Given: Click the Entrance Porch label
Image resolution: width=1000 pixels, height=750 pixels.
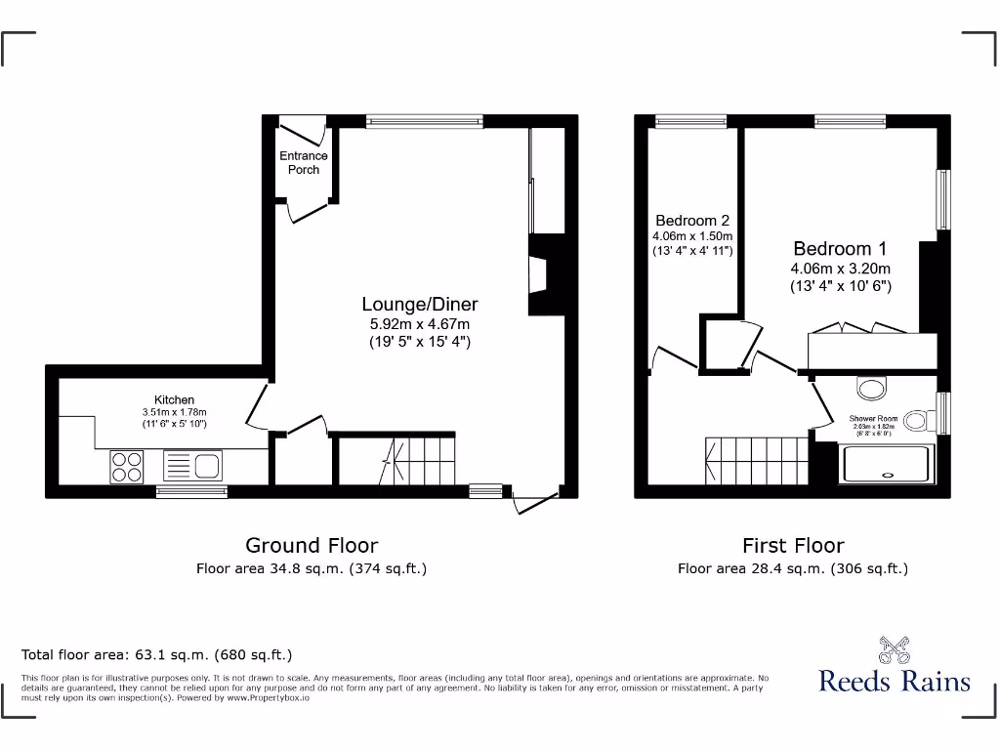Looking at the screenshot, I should click(x=304, y=162).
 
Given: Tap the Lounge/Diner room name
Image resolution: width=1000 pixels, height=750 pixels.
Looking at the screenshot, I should click(x=420, y=304).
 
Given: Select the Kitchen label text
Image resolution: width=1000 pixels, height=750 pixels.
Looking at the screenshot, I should click(x=174, y=399).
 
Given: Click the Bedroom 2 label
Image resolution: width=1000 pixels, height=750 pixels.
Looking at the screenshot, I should click(x=692, y=221).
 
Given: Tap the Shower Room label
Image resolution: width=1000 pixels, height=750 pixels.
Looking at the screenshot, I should click(x=872, y=419).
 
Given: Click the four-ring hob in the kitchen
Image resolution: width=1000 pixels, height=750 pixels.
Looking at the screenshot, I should click(x=126, y=466).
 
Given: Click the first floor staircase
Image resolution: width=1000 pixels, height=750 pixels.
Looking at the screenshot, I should click(x=758, y=460).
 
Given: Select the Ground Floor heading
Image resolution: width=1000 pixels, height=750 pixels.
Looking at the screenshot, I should click(x=311, y=545).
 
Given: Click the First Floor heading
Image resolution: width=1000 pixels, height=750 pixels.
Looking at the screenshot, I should click(x=793, y=545).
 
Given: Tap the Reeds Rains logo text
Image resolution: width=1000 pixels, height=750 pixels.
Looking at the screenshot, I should click(x=894, y=681).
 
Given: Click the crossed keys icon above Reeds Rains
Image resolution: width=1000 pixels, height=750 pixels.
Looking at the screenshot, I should click(x=894, y=648).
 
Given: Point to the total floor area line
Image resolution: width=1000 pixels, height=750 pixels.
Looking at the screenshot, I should click(x=156, y=654).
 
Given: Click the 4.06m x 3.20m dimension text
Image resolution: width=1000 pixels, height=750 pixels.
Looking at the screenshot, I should click(x=840, y=269).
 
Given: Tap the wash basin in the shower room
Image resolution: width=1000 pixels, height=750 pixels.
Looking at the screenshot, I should click(x=871, y=388).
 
